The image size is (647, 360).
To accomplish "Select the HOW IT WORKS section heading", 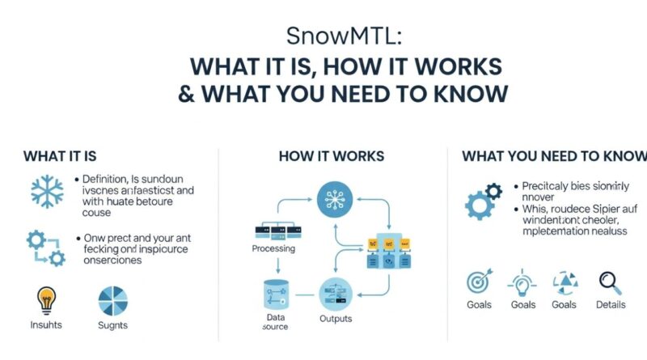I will click(x=331, y=155).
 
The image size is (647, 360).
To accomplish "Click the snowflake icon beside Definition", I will click(x=47, y=191).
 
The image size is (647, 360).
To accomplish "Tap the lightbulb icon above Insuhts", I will click(x=46, y=300).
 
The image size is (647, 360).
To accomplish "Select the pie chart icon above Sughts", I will click(x=113, y=301).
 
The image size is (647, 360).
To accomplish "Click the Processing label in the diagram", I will click(x=273, y=249).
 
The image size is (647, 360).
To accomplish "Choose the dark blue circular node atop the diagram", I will click(x=333, y=197).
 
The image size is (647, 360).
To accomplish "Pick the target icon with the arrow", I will click(x=479, y=282).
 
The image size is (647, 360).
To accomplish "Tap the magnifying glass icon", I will click(x=610, y=282).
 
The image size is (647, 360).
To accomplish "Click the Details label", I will click(x=610, y=305).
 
